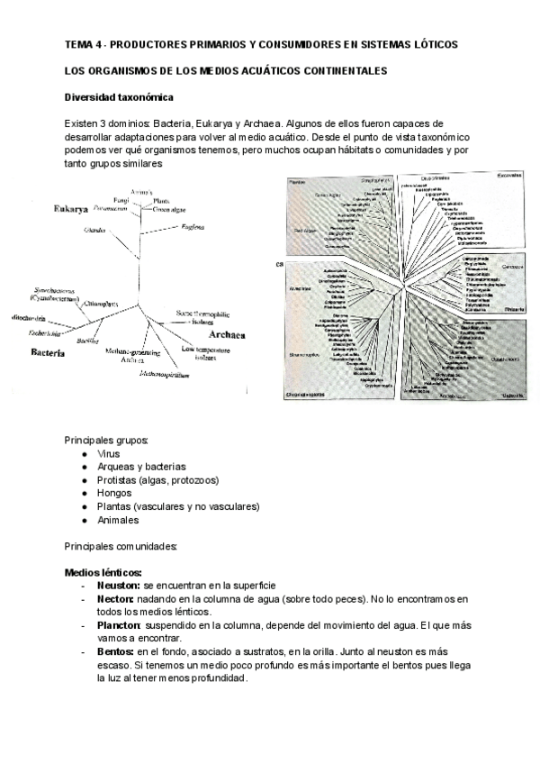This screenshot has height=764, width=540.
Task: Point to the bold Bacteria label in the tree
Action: tap(46, 353)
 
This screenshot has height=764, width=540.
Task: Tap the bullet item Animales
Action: tap(119, 520)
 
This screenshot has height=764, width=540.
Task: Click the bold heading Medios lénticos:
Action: tap(103, 573)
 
